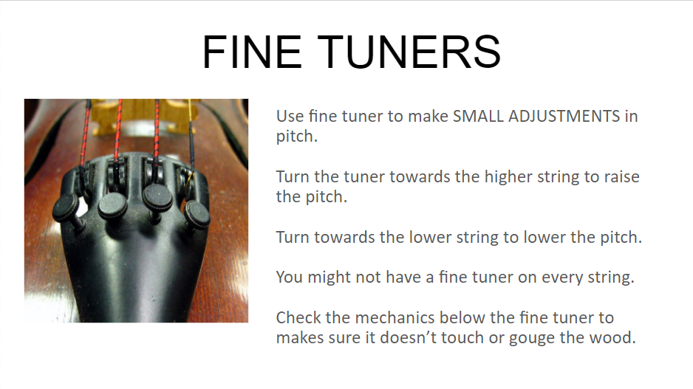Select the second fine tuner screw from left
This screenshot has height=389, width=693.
pyautogui.click(x=112, y=204)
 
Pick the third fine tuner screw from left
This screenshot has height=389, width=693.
pyautogui.click(x=157, y=196)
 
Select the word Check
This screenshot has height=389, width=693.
pyautogui.click(x=297, y=318)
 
